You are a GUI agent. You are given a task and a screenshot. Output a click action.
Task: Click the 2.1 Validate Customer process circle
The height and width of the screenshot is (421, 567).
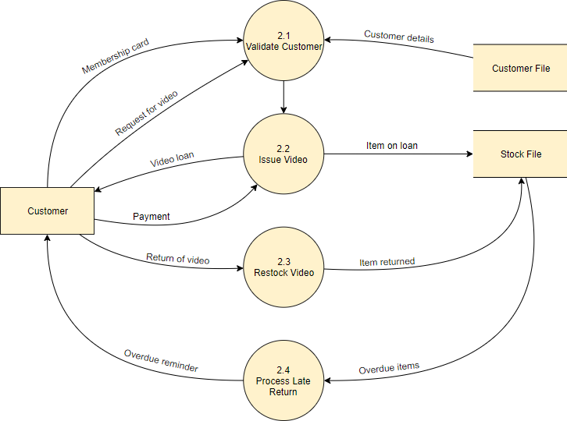point(283,41)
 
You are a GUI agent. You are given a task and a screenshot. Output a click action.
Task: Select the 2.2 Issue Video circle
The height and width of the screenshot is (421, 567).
point(283,154)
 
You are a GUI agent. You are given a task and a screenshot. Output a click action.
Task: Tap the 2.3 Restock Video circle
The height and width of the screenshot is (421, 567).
point(283,267)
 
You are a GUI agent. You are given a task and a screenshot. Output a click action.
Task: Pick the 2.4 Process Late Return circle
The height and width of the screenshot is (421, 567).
point(283,380)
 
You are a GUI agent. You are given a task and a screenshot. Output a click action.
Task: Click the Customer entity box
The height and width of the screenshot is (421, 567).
point(47,210)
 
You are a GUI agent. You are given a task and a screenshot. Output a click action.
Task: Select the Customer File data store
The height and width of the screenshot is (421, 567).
point(520,69)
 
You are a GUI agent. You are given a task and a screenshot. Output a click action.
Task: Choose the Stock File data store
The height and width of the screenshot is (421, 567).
point(520,154)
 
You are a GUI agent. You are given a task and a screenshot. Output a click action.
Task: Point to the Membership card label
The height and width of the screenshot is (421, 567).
point(115,55)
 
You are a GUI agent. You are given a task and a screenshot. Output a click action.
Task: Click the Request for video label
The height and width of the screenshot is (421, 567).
point(146,114)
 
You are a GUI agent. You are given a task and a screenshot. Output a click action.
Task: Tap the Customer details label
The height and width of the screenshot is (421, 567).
point(398,37)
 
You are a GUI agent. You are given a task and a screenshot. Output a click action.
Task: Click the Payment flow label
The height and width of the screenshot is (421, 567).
point(151,217)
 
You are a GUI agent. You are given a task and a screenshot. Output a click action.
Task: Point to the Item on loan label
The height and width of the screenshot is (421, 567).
point(391,145)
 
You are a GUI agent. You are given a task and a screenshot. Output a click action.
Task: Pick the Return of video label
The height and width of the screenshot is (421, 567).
point(177,259)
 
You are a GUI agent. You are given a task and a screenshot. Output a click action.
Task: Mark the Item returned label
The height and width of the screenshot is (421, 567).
point(387,262)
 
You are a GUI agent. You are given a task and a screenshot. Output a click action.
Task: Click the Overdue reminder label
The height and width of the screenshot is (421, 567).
point(161,361)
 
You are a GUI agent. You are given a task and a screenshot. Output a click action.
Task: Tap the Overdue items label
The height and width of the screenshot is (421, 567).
point(389,367)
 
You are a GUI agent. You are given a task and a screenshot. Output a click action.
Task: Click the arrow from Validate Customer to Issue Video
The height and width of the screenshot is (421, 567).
point(283,97)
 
